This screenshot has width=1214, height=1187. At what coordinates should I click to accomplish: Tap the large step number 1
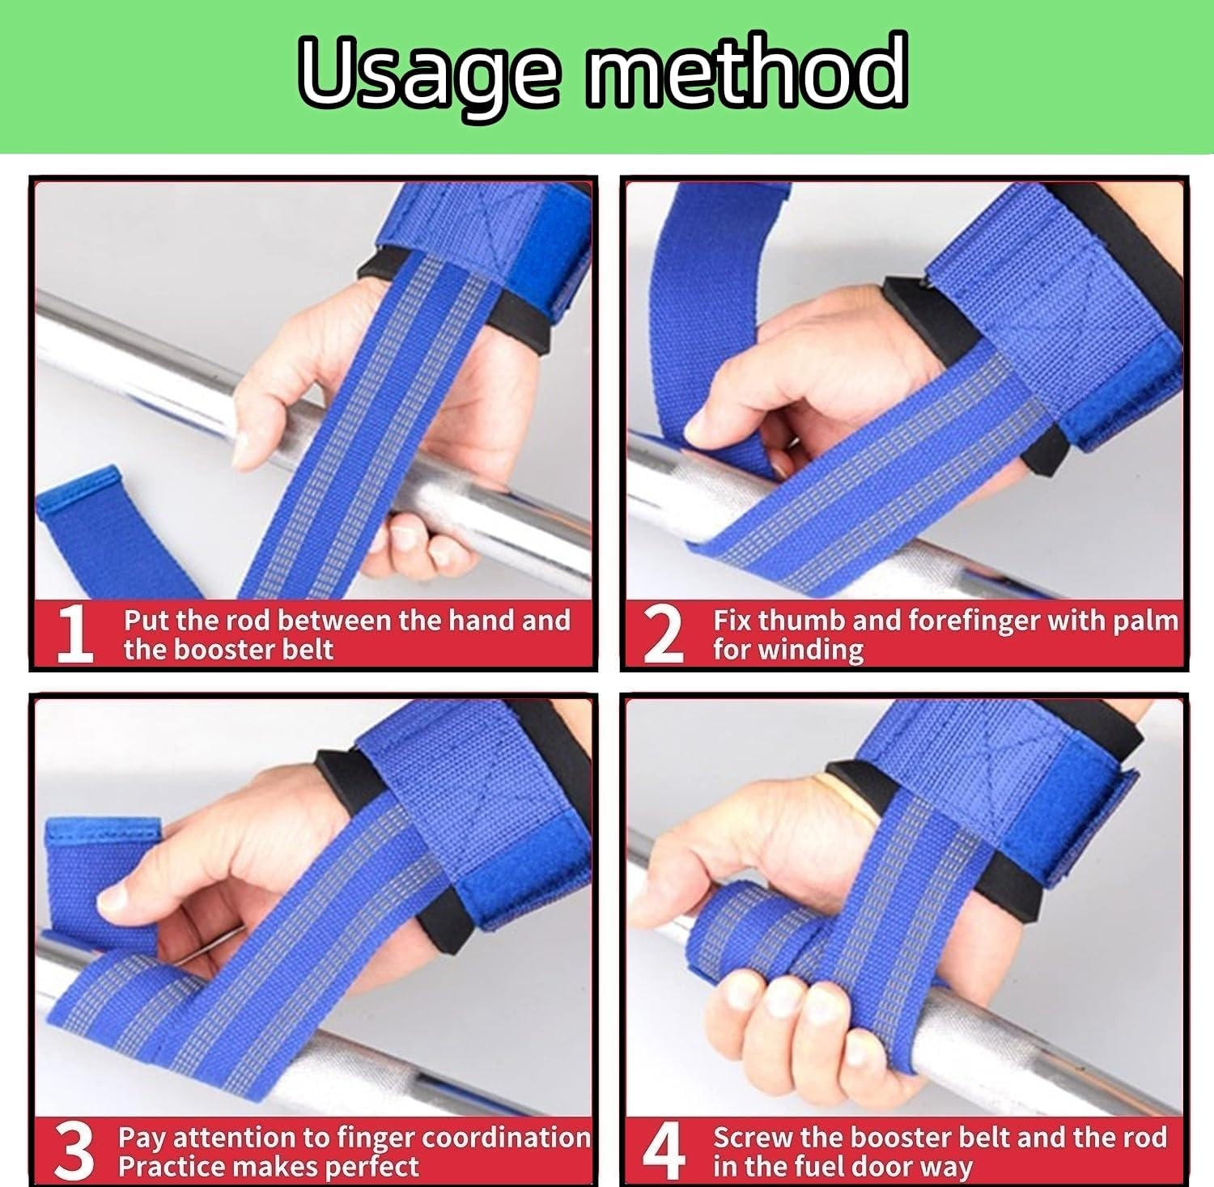(75, 635)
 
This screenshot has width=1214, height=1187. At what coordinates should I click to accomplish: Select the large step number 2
(663, 635)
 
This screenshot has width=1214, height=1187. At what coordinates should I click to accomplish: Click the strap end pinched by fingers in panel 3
(97, 874)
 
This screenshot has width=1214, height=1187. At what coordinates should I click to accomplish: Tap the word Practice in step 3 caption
(170, 1167)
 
